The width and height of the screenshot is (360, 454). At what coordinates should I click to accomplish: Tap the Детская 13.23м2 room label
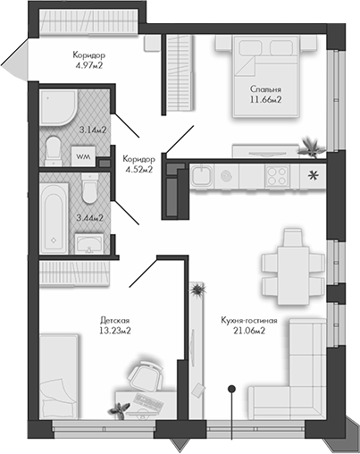coord(116,325)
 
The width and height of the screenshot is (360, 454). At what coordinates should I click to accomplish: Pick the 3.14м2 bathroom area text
coord(92,130)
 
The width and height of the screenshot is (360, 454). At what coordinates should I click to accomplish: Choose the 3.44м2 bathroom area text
coord(92,216)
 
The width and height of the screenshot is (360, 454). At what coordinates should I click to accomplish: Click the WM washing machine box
coord(83,157)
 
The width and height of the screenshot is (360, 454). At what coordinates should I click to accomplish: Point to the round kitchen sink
coord(226,173)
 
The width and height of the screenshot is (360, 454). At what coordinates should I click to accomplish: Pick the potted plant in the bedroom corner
coord(310,143)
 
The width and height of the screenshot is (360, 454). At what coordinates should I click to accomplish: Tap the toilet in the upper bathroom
coord(53,147)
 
